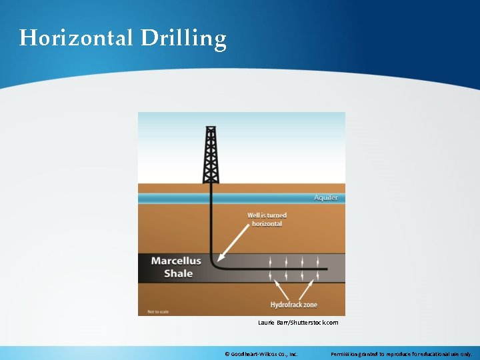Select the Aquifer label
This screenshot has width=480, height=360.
coord(326,198)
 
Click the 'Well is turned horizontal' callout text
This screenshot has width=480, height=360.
coord(267,219)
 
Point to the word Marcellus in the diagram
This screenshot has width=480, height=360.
coord(176,260)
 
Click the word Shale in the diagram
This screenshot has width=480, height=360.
coord(179,273)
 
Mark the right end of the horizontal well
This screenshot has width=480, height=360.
coord(326,269)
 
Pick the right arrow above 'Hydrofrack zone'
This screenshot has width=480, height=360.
coord(309,288)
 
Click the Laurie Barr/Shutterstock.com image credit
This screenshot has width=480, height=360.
coord(298,323)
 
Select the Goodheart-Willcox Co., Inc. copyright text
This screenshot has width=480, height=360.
coord(261,353)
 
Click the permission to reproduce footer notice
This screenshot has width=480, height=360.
coord(401,353)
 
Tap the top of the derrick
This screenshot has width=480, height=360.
coord(211,128)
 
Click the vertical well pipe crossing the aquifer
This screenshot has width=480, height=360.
coord(211,198)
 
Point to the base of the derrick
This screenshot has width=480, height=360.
coord(211,181)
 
